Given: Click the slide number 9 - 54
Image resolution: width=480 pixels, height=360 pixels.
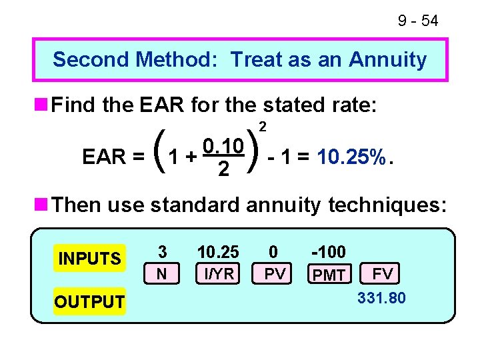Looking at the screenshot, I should (418, 21).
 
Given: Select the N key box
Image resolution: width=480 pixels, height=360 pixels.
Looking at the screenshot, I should (162, 274).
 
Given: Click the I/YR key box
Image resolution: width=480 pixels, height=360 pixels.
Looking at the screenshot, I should (217, 274).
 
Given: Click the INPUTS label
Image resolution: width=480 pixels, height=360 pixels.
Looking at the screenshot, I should (90, 258).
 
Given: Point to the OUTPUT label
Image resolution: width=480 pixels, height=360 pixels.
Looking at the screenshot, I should (89, 302).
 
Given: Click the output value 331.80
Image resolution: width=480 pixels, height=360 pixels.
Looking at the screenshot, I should (381, 298).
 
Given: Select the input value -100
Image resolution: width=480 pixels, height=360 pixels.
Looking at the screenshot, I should (329, 252).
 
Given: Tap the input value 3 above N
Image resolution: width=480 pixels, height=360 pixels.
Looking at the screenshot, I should (162, 252).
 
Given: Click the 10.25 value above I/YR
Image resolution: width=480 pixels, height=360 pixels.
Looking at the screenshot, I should (217, 252).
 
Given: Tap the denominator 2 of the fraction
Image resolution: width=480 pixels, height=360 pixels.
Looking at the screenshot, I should (223, 171).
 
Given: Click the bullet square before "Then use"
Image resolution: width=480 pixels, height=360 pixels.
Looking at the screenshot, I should (41, 204).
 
